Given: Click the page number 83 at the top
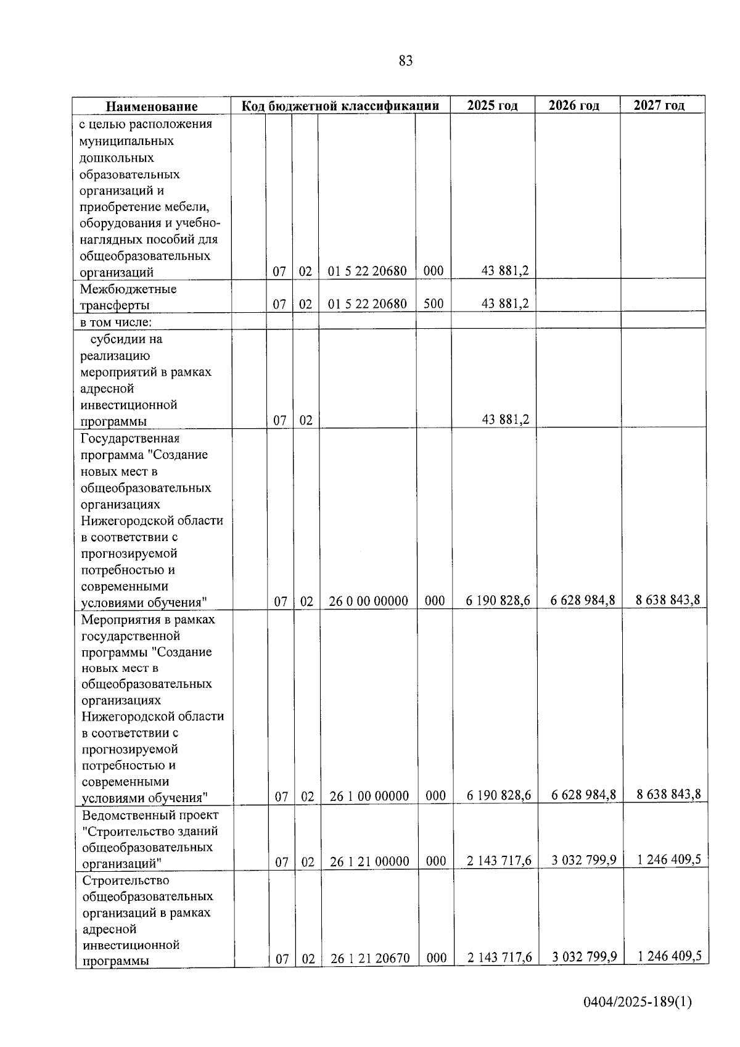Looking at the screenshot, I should [x=405, y=60].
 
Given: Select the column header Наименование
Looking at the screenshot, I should [x=152, y=106].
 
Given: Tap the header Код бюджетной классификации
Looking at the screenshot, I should [x=340, y=106].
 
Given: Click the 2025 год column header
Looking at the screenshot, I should [x=492, y=105].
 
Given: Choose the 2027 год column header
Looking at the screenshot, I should [x=659, y=105].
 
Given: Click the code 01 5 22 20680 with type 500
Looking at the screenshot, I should [x=367, y=304].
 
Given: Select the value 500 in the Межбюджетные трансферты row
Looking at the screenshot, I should [x=434, y=304].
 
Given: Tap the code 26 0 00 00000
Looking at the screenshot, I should [x=368, y=601].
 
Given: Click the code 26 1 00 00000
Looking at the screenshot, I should [x=369, y=796].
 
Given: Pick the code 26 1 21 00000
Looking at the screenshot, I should [x=369, y=861].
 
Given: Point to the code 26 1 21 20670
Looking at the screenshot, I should [x=370, y=958].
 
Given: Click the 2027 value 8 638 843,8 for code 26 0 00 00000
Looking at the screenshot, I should [x=668, y=600].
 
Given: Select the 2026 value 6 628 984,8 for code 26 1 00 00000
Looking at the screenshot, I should [x=583, y=795].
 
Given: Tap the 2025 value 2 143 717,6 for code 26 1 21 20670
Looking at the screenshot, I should [x=499, y=957].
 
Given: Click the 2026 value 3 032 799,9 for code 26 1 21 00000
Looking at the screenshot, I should [x=584, y=860].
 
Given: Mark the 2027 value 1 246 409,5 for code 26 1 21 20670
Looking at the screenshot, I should [x=669, y=956].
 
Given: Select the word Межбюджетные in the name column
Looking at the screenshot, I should [x=128, y=289].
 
